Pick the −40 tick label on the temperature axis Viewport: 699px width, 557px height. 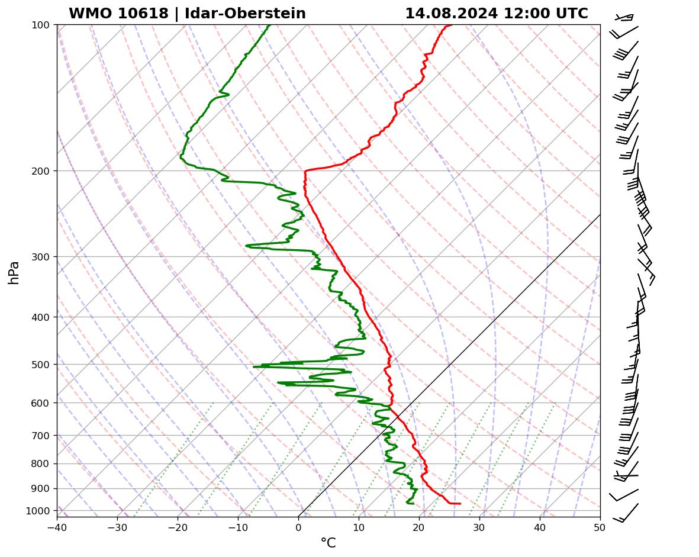point(57,527)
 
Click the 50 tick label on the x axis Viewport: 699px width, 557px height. point(600,527)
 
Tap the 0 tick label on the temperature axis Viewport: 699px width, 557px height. point(298,527)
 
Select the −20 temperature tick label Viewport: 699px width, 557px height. point(178,527)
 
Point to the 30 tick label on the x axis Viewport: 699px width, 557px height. point(479,527)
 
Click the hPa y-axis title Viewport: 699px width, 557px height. point(14,272)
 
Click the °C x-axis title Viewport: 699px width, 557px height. point(328,543)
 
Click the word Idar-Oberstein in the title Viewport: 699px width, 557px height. point(245,14)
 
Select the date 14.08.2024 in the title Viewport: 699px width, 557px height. point(451,14)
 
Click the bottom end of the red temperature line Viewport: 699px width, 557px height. point(460,504)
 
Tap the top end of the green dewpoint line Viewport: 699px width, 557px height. point(270,25)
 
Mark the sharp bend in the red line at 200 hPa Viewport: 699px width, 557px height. point(305,171)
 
